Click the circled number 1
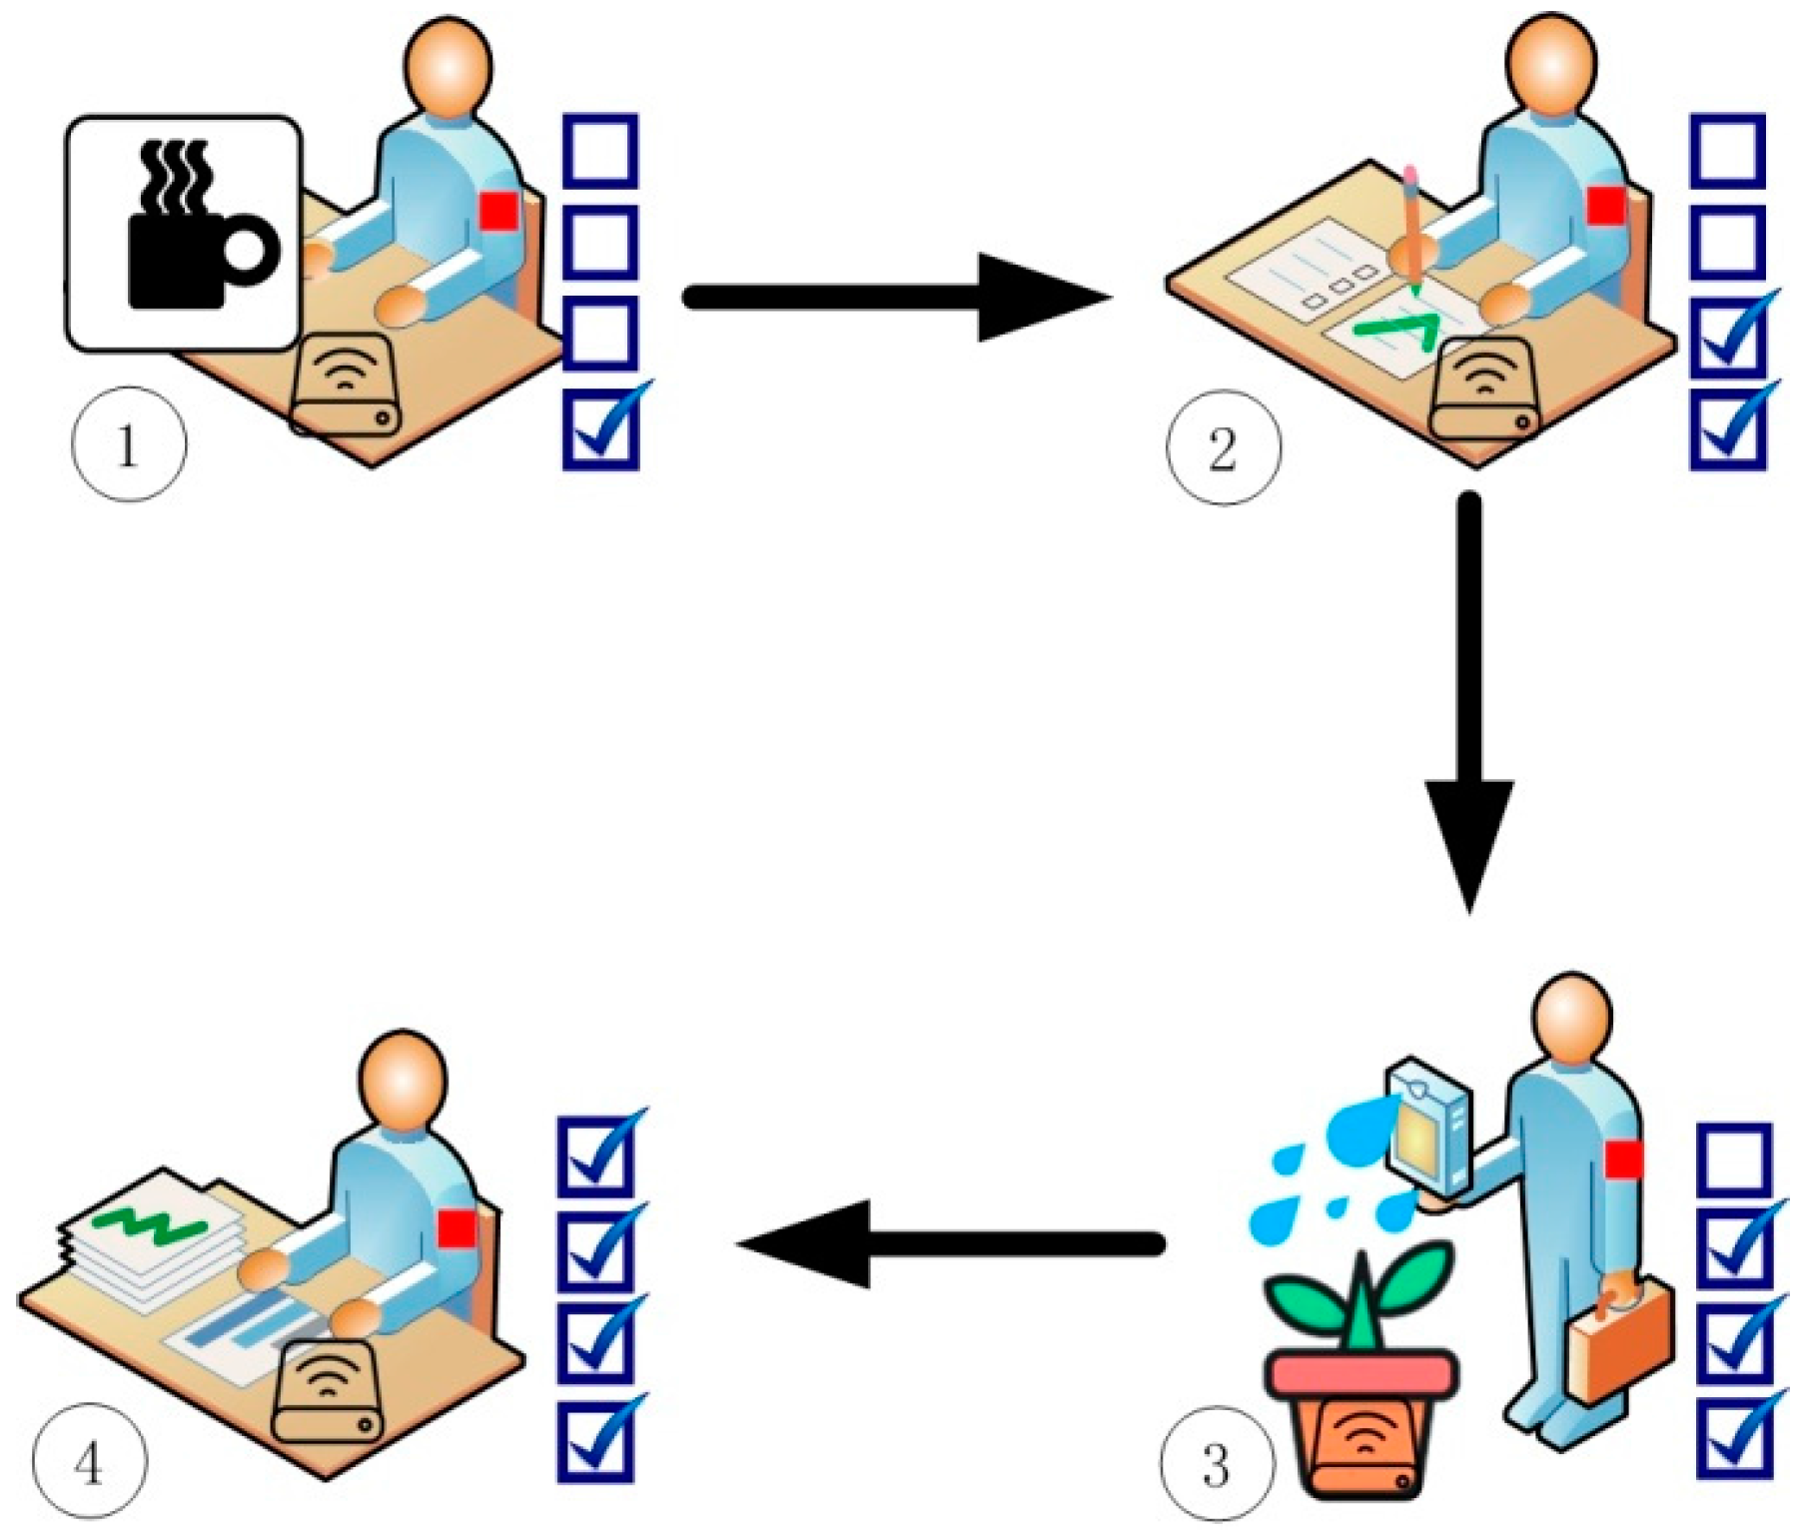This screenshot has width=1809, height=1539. (x=128, y=444)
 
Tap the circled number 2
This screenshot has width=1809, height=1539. (x=1223, y=448)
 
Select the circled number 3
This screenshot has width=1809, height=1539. (x=1217, y=1464)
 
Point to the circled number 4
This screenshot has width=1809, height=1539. (x=89, y=1464)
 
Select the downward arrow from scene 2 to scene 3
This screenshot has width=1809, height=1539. (x=1468, y=699)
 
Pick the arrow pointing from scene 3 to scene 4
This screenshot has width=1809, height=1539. (x=949, y=1243)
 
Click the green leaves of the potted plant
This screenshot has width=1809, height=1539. (x=1358, y=1298)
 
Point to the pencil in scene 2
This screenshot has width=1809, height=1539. (x=1412, y=230)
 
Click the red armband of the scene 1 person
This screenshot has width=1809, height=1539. (x=498, y=211)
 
